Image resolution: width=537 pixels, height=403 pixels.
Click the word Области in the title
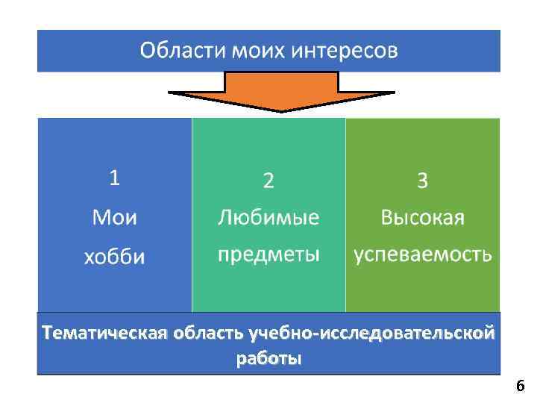point(176,51)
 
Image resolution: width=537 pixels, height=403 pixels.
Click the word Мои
point(114,217)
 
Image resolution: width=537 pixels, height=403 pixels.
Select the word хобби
point(114,257)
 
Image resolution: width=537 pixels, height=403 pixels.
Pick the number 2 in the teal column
point(268,180)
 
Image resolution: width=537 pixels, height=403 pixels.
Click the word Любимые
point(268,217)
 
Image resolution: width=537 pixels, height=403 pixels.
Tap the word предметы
point(268,254)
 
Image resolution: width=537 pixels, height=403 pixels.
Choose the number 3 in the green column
point(422,180)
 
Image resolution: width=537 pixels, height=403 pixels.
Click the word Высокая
point(422,217)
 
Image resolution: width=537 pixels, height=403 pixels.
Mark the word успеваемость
point(422,254)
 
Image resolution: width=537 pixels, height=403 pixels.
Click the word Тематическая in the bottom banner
point(104,332)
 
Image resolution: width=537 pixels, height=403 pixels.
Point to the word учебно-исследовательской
point(371,332)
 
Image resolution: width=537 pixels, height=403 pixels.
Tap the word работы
point(268,358)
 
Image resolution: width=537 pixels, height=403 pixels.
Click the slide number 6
point(520,386)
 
